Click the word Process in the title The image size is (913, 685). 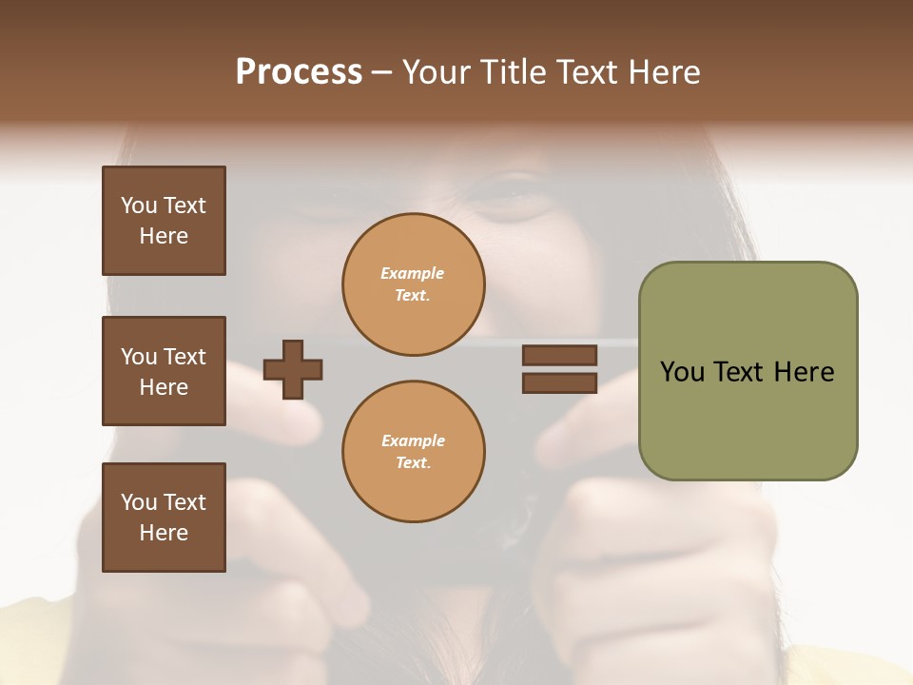point(299,72)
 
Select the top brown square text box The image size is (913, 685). point(164,221)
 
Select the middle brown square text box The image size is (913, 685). point(164,371)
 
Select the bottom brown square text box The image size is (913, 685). point(164,518)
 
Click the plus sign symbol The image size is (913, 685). point(293,370)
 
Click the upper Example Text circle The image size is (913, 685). point(414,284)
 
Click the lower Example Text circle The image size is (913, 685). point(414,452)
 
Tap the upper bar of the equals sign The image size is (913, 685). point(560,356)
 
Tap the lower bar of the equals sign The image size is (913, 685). point(560,383)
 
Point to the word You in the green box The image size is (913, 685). point(682,372)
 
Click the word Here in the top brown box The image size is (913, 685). point(164,236)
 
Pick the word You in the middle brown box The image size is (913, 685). point(138,357)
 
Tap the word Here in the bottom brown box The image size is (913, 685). point(164,533)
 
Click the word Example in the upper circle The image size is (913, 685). point(413,273)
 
